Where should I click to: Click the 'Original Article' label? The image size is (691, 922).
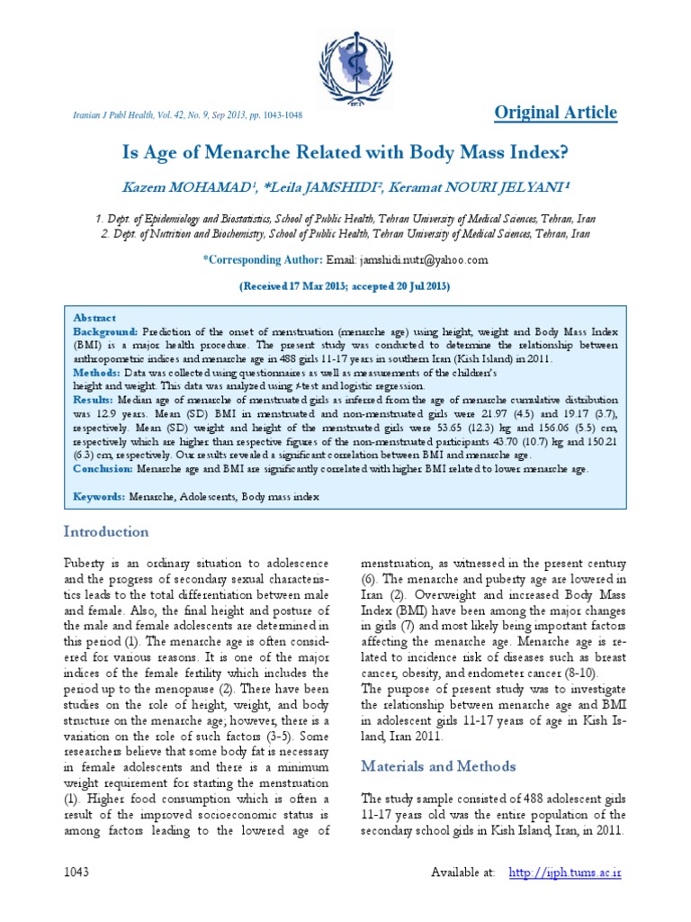[556, 113]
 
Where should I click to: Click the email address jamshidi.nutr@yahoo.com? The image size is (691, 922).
[410, 259]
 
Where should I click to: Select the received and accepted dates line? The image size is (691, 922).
[345, 285]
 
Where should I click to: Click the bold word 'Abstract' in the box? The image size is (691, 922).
[95, 318]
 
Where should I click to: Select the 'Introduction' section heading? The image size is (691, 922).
[105, 531]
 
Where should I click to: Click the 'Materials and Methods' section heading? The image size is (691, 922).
[438, 766]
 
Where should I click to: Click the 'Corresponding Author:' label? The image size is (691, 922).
[263, 259]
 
